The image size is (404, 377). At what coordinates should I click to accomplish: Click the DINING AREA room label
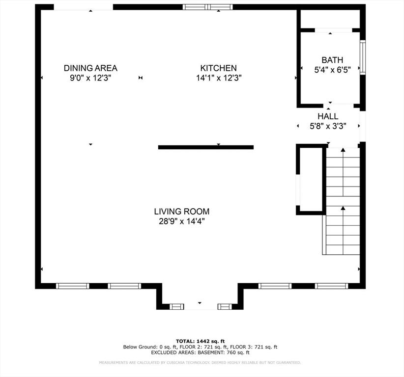tap(90, 68)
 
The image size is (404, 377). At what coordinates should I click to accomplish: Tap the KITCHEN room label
tap(219, 68)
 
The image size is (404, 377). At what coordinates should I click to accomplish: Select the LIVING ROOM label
tap(182, 211)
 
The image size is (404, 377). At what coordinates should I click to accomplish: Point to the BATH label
tap(332, 60)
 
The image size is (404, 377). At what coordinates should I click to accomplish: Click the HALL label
tap(328, 116)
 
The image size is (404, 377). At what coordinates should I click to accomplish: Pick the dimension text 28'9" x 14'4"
tap(182, 221)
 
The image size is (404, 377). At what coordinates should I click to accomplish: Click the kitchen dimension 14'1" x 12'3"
tap(219, 78)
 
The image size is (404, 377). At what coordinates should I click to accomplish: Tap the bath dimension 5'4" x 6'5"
tap(332, 70)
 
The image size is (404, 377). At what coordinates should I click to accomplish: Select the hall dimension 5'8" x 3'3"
tap(328, 126)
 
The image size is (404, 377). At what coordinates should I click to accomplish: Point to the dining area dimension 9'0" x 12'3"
tap(90, 78)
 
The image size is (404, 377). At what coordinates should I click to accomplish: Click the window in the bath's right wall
tap(363, 57)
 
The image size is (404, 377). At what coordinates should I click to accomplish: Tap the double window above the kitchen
tap(208, 7)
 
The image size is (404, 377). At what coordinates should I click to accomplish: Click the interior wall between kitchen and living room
tap(206, 147)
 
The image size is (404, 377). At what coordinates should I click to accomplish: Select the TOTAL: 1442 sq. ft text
tap(200, 342)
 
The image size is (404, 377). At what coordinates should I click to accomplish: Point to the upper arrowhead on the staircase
tap(343, 150)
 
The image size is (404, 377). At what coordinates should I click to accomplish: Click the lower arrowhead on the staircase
tap(343, 208)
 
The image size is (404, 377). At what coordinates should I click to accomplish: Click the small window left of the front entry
tap(176, 306)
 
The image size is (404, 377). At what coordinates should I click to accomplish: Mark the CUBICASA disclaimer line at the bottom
tap(200, 363)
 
